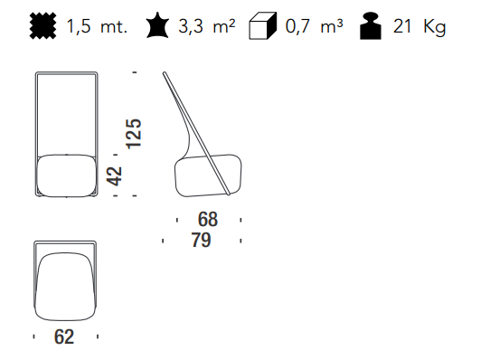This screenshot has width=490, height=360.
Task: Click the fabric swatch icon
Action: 43,26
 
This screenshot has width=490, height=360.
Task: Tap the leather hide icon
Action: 158,25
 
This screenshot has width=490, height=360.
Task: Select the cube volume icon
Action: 263,26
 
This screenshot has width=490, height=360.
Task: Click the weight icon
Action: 371,26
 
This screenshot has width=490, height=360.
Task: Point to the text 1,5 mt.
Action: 97,26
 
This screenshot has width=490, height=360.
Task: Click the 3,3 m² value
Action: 206,25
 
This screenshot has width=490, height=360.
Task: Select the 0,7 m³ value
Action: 314,25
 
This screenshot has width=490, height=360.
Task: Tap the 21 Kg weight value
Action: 419,27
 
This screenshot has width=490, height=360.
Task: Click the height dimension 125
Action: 134,134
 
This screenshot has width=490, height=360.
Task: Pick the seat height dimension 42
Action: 114,176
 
